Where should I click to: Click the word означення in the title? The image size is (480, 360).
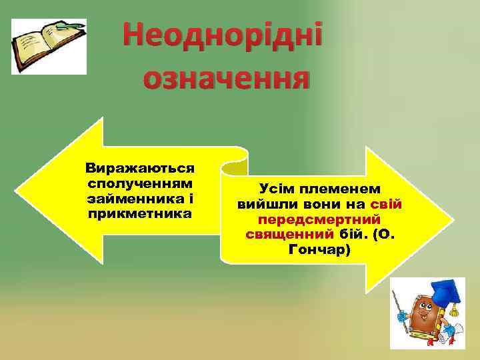(x=226, y=80)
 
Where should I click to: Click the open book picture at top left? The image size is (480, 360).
(x=49, y=46)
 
